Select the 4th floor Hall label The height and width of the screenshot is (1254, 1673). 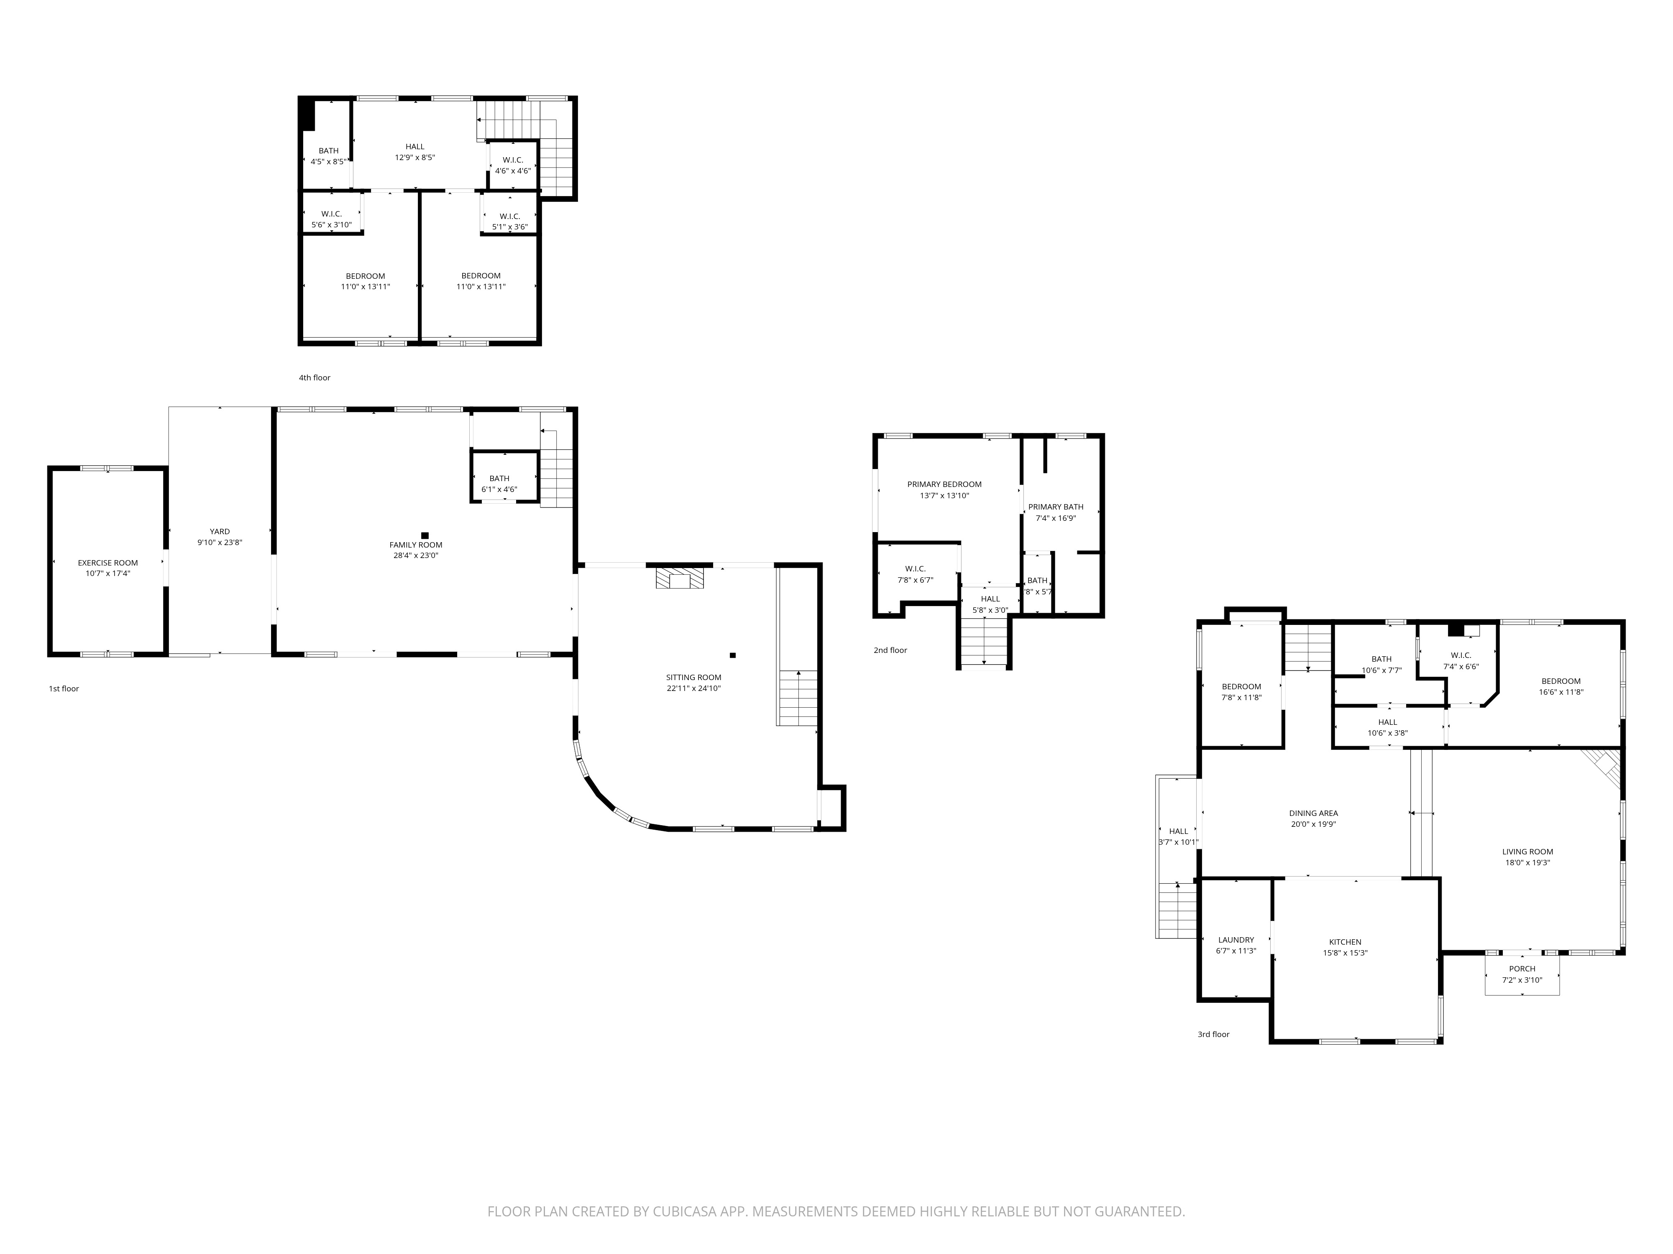pyautogui.click(x=414, y=147)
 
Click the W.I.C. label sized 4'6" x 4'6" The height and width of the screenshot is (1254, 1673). pyautogui.click(x=513, y=160)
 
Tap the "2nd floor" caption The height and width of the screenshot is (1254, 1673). pyautogui.click(x=890, y=650)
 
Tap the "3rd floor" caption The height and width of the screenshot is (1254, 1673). pyautogui.click(x=1213, y=1034)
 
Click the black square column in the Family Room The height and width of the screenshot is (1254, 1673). pyautogui.click(x=425, y=535)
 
